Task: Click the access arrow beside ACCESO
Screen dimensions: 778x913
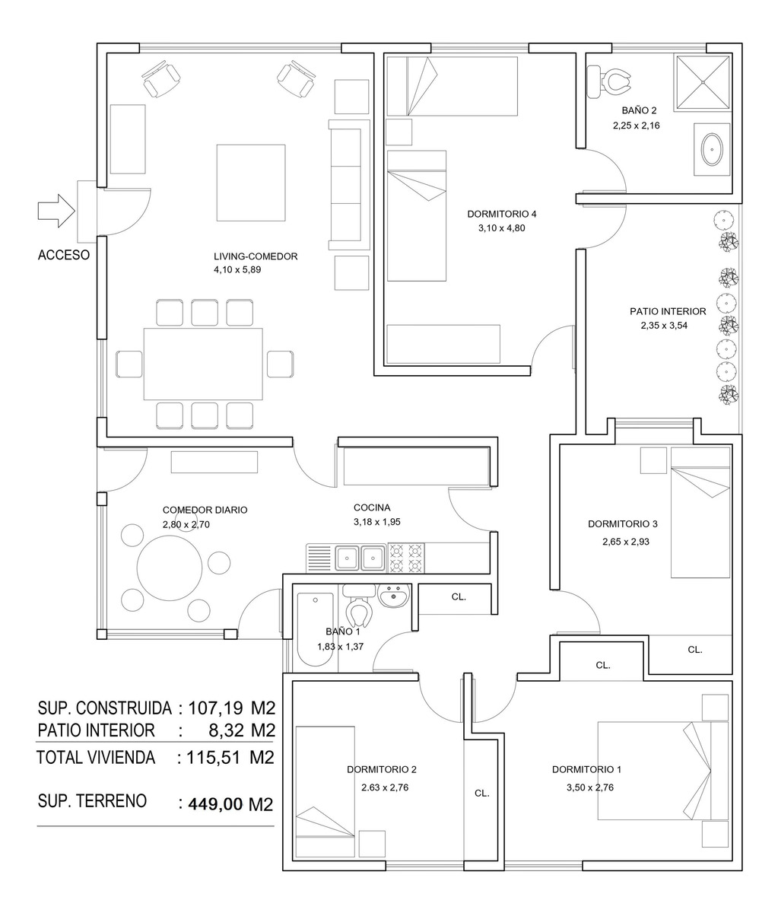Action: (x=56, y=212)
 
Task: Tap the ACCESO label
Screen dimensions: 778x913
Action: (x=64, y=255)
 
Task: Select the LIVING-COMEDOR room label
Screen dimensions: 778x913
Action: (x=256, y=256)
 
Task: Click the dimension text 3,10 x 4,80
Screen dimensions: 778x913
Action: (x=502, y=228)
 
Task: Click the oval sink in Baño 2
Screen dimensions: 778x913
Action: (x=712, y=149)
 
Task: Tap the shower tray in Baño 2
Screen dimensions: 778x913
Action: (x=702, y=82)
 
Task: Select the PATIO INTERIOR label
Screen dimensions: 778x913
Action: (x=668, y=311)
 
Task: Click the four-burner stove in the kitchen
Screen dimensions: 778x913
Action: (x=406, y=558)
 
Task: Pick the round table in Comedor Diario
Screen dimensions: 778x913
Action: (x=170, y=568)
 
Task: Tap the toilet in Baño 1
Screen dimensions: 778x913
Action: (x=360, y=605)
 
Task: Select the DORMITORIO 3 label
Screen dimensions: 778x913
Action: (x=623, y=524)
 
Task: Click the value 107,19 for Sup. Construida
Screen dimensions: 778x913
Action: (x=215, y=708)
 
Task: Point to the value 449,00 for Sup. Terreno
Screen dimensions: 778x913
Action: (x=216, y=804)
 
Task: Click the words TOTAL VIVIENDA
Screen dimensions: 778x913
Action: (x=96, y=758)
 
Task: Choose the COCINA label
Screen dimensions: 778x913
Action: (x=372, y=507)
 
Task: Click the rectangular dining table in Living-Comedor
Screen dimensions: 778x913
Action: (x=203, y=364)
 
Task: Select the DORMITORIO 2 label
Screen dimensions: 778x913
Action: (x=382, y=769)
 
